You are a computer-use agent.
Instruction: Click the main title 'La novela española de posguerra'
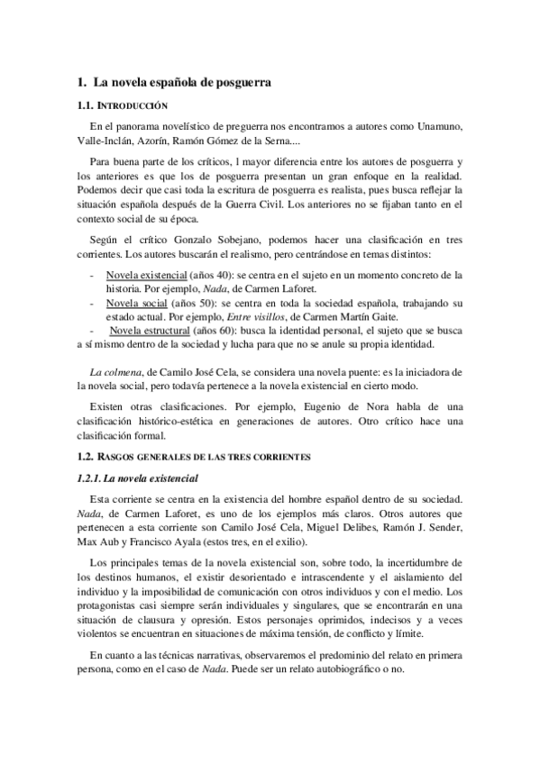183,83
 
